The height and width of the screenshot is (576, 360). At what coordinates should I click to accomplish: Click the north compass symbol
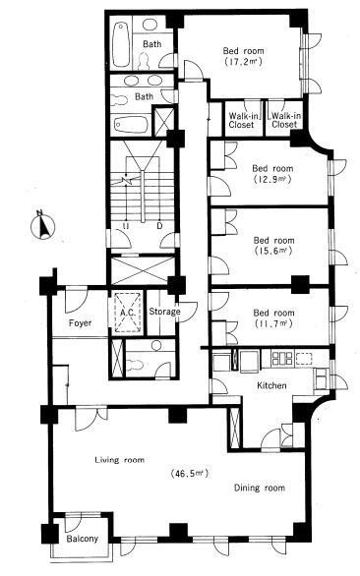(42, 225)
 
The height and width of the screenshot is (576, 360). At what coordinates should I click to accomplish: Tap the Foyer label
(80, 323)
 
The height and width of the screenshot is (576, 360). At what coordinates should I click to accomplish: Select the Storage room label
(164, 312)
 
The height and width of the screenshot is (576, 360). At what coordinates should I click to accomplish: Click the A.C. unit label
(128, 313)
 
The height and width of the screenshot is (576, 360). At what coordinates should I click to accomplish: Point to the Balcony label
(83, 539)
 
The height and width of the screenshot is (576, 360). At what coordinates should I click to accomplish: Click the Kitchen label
(271, 385)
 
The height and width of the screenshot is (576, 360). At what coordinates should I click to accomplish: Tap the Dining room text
(260, 488)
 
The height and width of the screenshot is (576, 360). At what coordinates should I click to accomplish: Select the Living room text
(120, 460)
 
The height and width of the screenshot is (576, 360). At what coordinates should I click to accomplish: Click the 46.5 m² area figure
(190, 473)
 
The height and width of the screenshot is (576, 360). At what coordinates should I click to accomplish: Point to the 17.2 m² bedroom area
(243, 61)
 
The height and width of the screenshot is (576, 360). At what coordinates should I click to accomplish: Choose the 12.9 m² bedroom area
(272, 179)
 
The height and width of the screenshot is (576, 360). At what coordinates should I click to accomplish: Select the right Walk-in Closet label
(285, 120)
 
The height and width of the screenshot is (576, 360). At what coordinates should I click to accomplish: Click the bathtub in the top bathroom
(121, 44)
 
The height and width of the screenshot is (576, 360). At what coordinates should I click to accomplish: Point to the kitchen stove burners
(281, 359)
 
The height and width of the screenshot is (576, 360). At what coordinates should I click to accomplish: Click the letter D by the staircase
(159, 225)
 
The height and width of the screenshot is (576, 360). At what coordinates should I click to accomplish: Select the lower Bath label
(145, 96)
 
